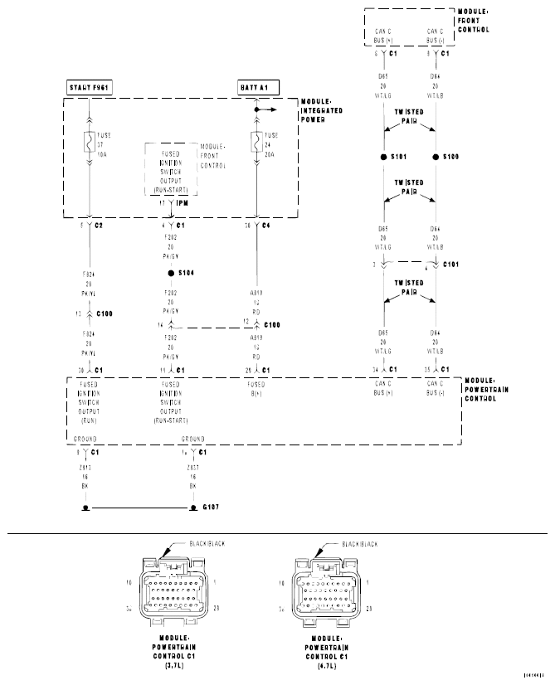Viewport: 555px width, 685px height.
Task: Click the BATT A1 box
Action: pyautogui.click(x=255, y=86)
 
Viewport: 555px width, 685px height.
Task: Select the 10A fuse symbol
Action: pyautogui.click(x=89, y=143)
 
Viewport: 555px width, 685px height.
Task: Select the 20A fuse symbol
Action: pyautogui.click(x=257, y=143)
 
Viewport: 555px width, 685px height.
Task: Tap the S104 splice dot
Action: pyautogui.click(x=171, y=273)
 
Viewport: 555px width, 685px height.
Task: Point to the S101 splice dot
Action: pyautogui.click(x=382, y=157)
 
